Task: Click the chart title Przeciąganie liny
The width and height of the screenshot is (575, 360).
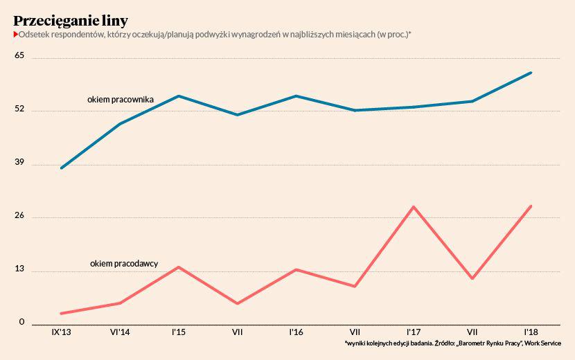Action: click(x=71, y=21)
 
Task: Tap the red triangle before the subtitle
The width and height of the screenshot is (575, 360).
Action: click(x=16, y=34)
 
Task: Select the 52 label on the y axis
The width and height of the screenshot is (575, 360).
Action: click(x=19, y=109)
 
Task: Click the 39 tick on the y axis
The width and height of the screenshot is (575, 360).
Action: click(x=19, y=162)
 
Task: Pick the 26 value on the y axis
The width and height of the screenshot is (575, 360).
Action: click(x=19, y=215)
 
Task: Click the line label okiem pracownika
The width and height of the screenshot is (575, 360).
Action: click(x=121, y=100)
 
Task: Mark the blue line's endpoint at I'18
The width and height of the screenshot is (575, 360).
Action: click(x=531, y=73)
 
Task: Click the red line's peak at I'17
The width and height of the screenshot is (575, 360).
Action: click(x=414, y=207)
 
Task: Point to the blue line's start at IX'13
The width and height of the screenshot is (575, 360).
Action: click(x=62, y=168)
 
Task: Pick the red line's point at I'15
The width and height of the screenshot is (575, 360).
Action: click(x=179, y=267)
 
